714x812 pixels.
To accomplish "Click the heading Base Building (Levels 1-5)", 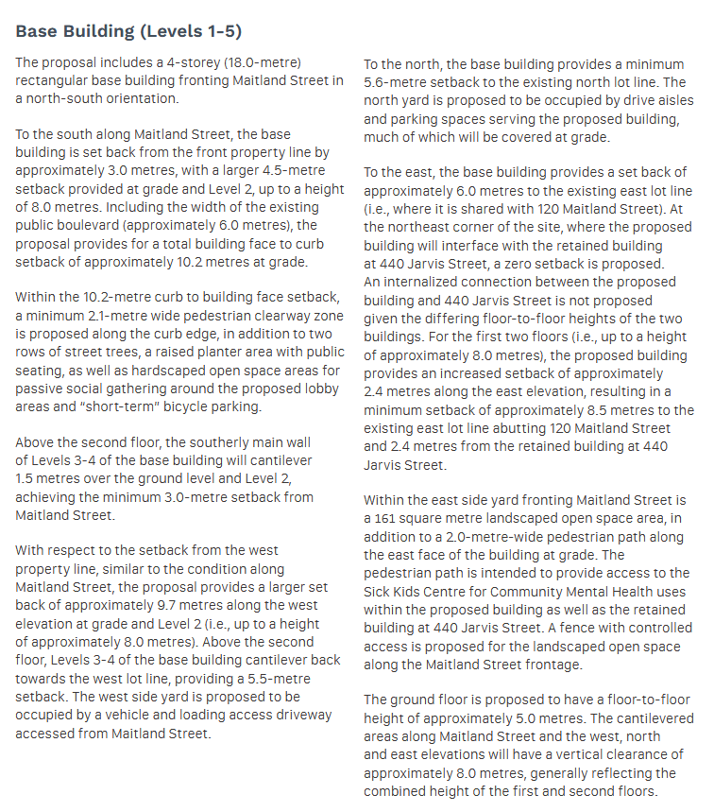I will click(x=129, y=31).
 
